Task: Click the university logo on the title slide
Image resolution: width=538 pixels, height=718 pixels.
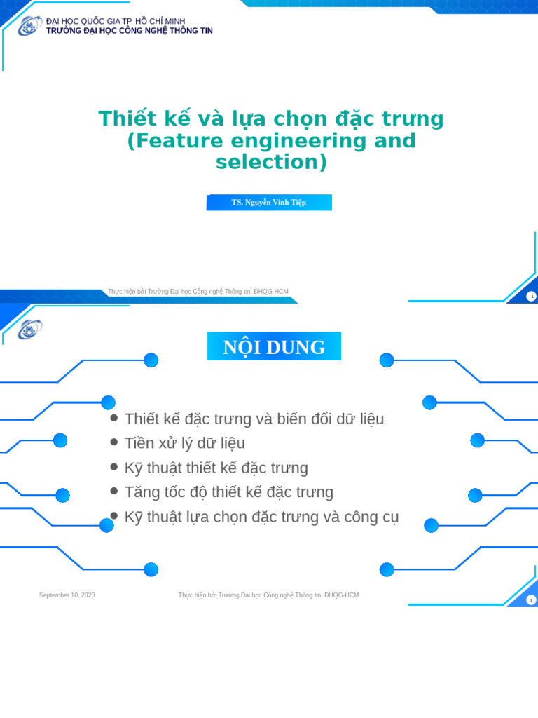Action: click(29, 26)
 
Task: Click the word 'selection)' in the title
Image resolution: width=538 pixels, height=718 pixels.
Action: click(271, 162)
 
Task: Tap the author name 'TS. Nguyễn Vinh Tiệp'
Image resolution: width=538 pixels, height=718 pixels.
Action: click(269, 203)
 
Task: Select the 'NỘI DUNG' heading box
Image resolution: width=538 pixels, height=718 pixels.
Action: click(274, 346)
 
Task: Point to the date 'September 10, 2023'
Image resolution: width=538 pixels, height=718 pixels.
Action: click(67, 595)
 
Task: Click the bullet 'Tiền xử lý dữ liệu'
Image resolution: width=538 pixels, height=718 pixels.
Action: click(185, 443)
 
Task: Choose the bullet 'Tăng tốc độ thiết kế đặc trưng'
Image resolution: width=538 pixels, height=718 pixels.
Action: click(229, 492)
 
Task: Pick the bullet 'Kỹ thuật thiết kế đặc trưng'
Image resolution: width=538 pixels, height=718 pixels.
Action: click(216, 468)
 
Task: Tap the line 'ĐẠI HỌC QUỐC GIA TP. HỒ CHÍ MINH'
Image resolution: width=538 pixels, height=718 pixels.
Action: click(116, 22)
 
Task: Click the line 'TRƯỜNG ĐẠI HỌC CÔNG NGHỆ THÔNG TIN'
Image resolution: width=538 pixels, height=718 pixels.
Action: click(130, 31)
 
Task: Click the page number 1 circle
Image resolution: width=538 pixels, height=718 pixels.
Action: click(532, 297)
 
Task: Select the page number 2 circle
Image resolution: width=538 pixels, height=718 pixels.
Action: click(531, 600)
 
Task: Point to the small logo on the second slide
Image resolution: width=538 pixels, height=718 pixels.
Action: click(29, 330)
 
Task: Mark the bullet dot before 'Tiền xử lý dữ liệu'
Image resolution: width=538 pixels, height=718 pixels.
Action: click(114, 442)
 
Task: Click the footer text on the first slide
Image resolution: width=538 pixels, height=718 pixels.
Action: click(198, 292)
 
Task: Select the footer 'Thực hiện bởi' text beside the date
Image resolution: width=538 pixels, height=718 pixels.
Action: click(268, 595)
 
